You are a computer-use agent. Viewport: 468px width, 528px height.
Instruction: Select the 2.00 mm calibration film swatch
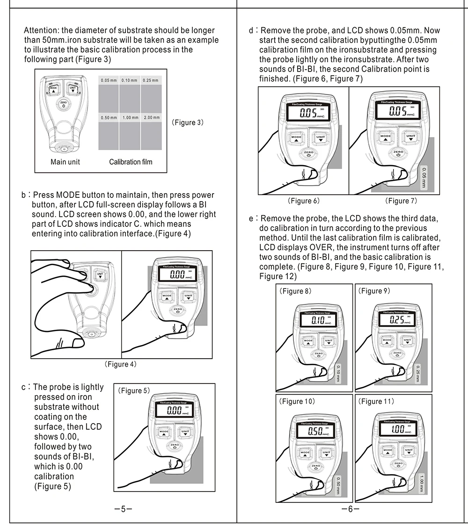151,133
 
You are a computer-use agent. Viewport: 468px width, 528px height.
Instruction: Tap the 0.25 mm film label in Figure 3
151,80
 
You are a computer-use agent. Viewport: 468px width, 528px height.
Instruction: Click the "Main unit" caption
66,162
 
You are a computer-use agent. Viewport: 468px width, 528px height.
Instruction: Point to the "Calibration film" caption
131,162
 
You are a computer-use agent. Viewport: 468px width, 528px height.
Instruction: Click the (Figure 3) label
187,123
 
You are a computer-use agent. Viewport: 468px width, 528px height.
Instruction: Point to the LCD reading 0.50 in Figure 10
316,431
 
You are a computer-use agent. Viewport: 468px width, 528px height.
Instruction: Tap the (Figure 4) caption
121,364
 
